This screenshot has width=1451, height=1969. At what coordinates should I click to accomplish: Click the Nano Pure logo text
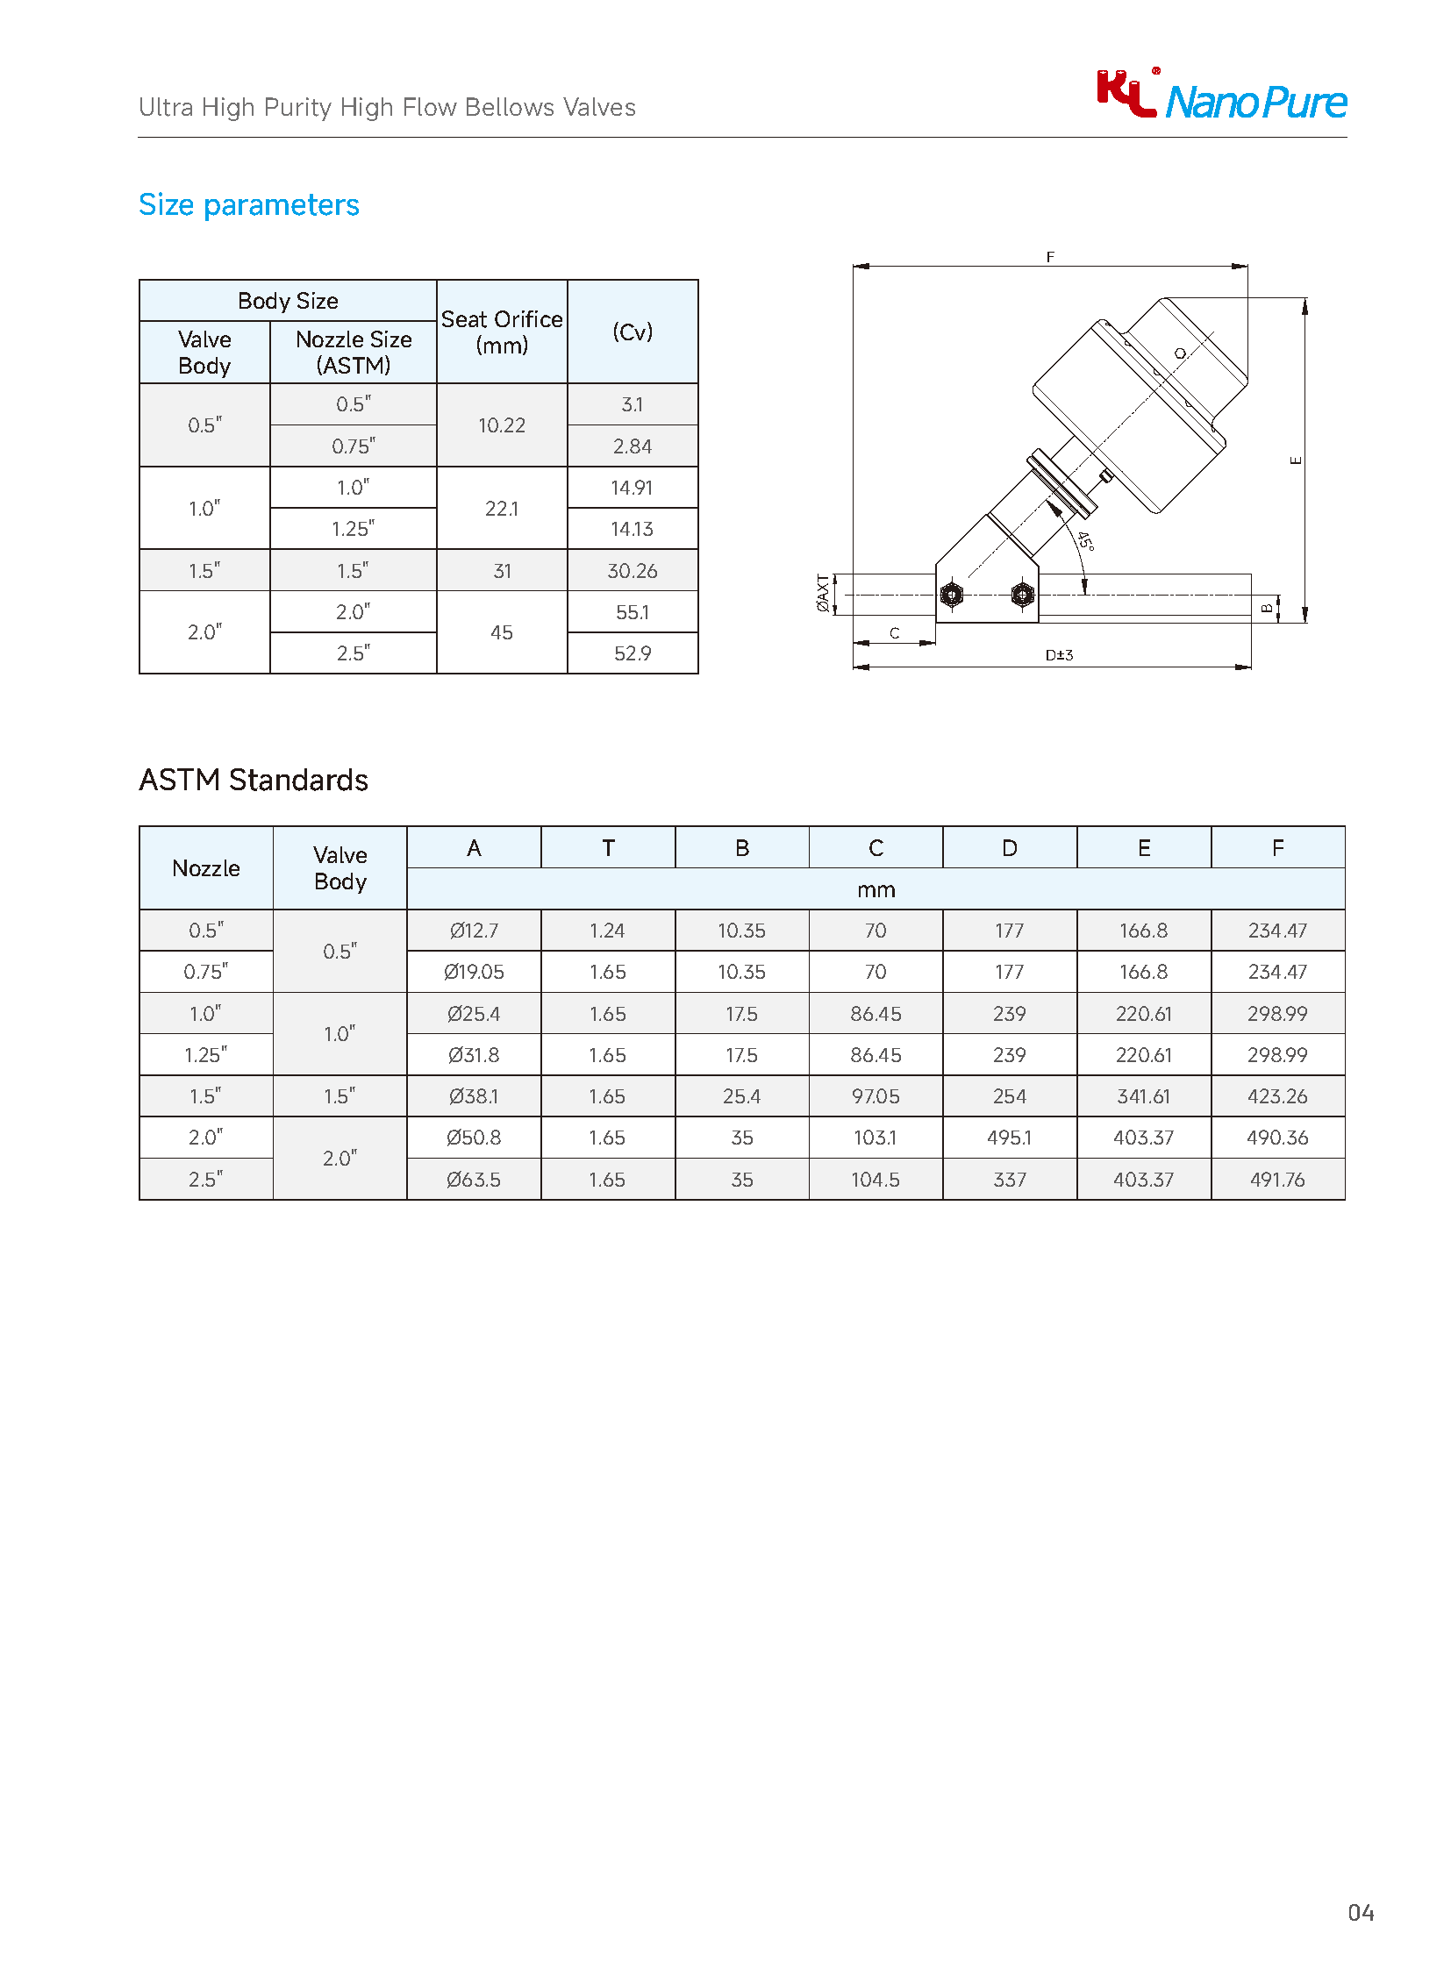pos(1255,103)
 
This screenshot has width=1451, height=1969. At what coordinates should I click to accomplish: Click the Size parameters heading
pos(248,204)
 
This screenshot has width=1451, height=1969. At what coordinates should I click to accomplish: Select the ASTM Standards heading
pos(253,780)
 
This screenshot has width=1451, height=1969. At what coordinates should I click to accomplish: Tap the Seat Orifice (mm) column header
pos(502,332)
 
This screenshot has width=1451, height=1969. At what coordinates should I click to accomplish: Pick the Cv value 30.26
pos(633,571)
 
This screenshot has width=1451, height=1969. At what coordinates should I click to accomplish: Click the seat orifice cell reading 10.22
pos(502,425)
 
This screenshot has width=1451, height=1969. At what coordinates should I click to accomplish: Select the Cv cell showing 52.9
pos(633,653)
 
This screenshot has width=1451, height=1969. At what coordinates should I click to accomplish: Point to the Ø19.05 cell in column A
pos(474,972)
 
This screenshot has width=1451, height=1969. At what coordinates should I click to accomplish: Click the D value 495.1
pos(1009,1138)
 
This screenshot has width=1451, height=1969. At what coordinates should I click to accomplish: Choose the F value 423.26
pos(1277,1096)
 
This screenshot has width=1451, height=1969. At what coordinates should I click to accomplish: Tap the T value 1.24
pos(607,931)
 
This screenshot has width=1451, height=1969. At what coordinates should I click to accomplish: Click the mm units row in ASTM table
pos(876,889)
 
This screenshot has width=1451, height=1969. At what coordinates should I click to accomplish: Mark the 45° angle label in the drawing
pos(1085,541)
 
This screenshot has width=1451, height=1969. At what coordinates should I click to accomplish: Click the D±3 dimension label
pos(1058,655)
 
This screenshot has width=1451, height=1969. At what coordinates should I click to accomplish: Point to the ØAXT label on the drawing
pos(822,593)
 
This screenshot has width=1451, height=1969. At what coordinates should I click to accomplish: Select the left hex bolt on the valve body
pos(951,595)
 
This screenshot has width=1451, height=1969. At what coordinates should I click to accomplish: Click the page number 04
pos(1361,1913)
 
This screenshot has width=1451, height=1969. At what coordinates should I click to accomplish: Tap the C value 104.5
pos(875,1180)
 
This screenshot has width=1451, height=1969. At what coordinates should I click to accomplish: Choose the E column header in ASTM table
pos(1144,848)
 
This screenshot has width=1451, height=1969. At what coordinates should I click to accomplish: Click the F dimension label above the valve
pos(1049,256)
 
